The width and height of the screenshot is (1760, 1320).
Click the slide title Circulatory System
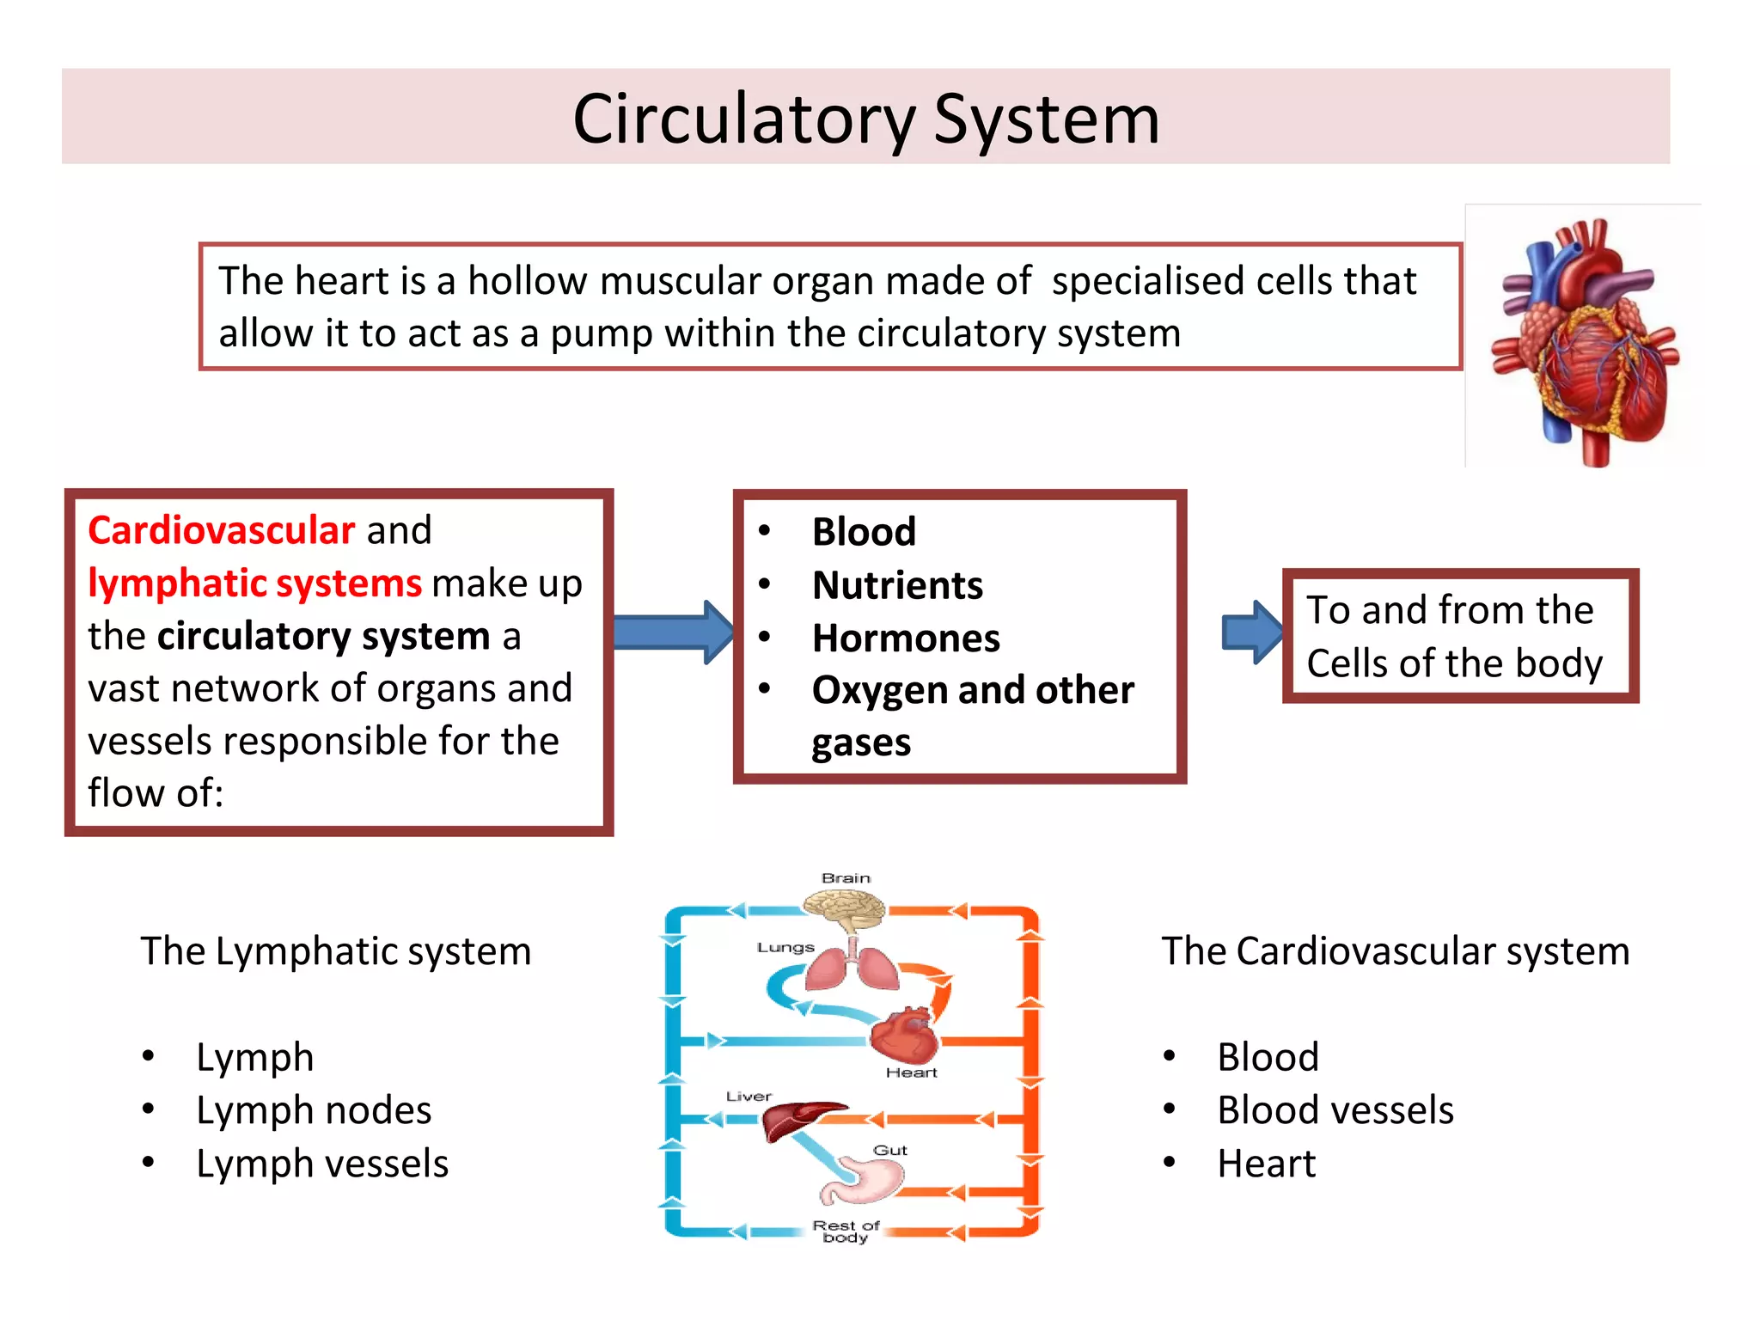click(x=865, y=119)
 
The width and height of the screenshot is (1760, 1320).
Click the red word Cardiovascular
click(x=221, y=530)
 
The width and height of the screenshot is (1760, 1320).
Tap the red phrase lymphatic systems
click(x=254, y=584)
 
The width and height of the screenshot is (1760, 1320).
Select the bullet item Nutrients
click(x=897, y=586)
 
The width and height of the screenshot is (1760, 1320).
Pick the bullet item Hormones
click(x=906, y=639)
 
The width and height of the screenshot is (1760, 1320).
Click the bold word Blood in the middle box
click(x=864, y=532)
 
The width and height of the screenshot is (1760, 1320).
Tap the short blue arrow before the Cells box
click(x=1251, y=632)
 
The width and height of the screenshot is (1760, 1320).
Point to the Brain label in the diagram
click(x=846, y=878)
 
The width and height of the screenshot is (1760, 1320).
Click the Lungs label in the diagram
click(x=785, y=947)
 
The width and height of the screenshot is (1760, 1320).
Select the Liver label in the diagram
click(x=749, y=1097)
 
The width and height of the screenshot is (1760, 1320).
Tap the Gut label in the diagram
click(x=889, y=1150)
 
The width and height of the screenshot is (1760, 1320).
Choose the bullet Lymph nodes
click(x=314, y=1110)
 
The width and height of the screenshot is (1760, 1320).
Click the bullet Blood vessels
click(x=1335, y=1110)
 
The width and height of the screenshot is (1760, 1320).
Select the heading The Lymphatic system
click(x=335, y=952)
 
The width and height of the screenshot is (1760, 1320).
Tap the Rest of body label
click(x=846, y=1231)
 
